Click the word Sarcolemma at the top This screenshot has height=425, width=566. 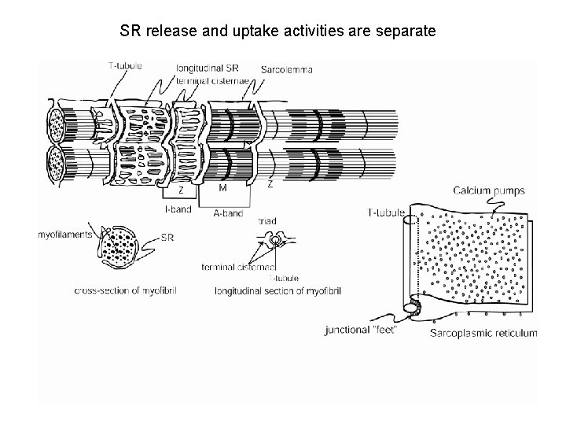(289, 69)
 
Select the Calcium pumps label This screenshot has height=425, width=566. (490, 190)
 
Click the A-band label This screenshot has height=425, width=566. (229, 213)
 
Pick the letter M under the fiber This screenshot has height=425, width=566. (223, 188)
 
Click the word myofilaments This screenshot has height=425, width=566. (64, 234)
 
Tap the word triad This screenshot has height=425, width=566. (266, 224)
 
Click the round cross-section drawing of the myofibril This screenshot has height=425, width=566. (118, 253)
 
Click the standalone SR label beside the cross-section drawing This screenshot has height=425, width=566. (167, 237)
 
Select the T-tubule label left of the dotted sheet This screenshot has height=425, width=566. (386, 213)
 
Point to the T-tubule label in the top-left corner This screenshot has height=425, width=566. (124, 66)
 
